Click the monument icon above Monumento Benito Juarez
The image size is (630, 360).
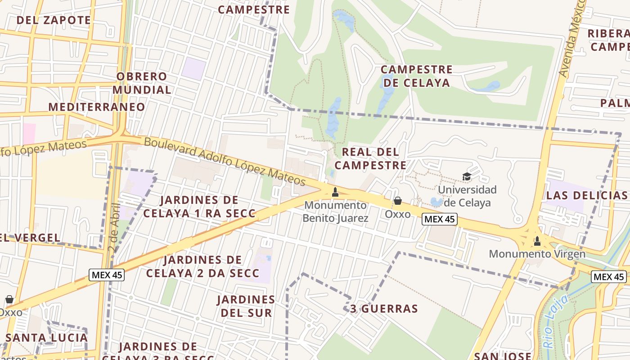[335, 193]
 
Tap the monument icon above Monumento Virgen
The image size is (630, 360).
[537, 242]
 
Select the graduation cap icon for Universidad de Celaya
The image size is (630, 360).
[467, 177]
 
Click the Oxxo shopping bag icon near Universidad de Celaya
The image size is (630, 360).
[398, 201]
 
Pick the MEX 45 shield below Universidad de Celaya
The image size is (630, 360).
[440, 220]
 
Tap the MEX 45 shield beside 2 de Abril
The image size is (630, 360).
[106, 275]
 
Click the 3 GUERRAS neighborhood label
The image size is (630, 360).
[384, 309]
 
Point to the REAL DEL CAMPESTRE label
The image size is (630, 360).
[370, 158]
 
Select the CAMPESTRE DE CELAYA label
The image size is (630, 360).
[416, 76]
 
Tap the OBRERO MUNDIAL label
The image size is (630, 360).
[142, 83]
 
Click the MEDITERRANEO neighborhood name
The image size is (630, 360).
[97, 107]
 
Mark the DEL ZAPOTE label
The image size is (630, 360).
[54, 20]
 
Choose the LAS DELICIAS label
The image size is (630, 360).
[587, 195]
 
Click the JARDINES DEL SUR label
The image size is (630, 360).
[246, 306]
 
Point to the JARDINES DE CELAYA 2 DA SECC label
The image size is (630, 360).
[202, 266]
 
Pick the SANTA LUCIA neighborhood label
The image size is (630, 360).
[47, 337]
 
